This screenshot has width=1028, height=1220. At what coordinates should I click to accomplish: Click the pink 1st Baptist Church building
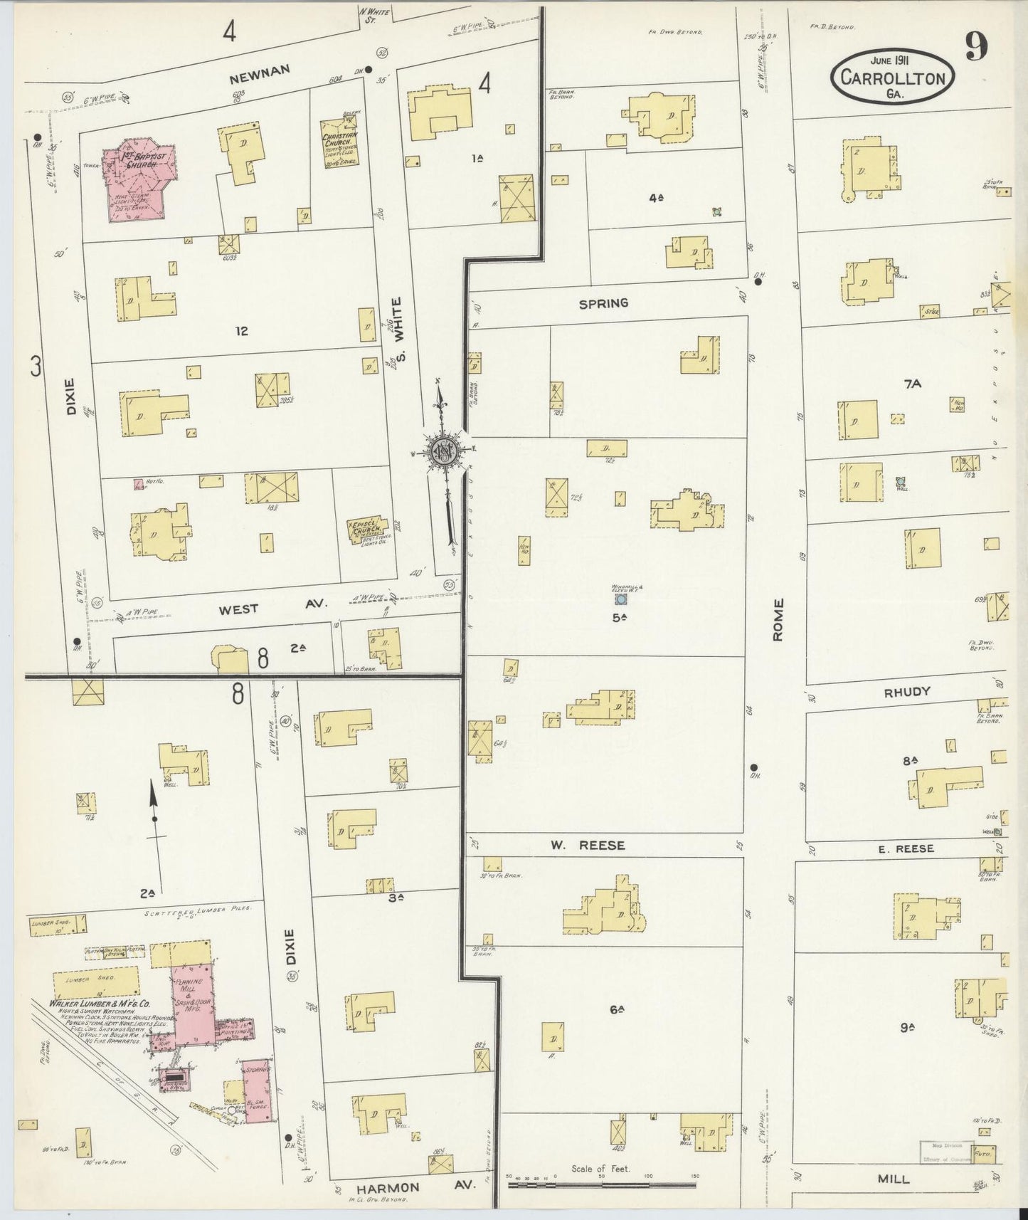[137, 181]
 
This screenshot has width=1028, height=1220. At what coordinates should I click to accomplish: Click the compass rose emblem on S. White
[442, 450]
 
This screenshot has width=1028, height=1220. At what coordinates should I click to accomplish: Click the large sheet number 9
[975, 48]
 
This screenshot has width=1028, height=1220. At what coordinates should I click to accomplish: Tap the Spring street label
[603, 303]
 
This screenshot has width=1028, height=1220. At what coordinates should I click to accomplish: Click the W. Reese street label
[586, 845]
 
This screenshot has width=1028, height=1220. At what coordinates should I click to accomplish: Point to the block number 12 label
[242, 330]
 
